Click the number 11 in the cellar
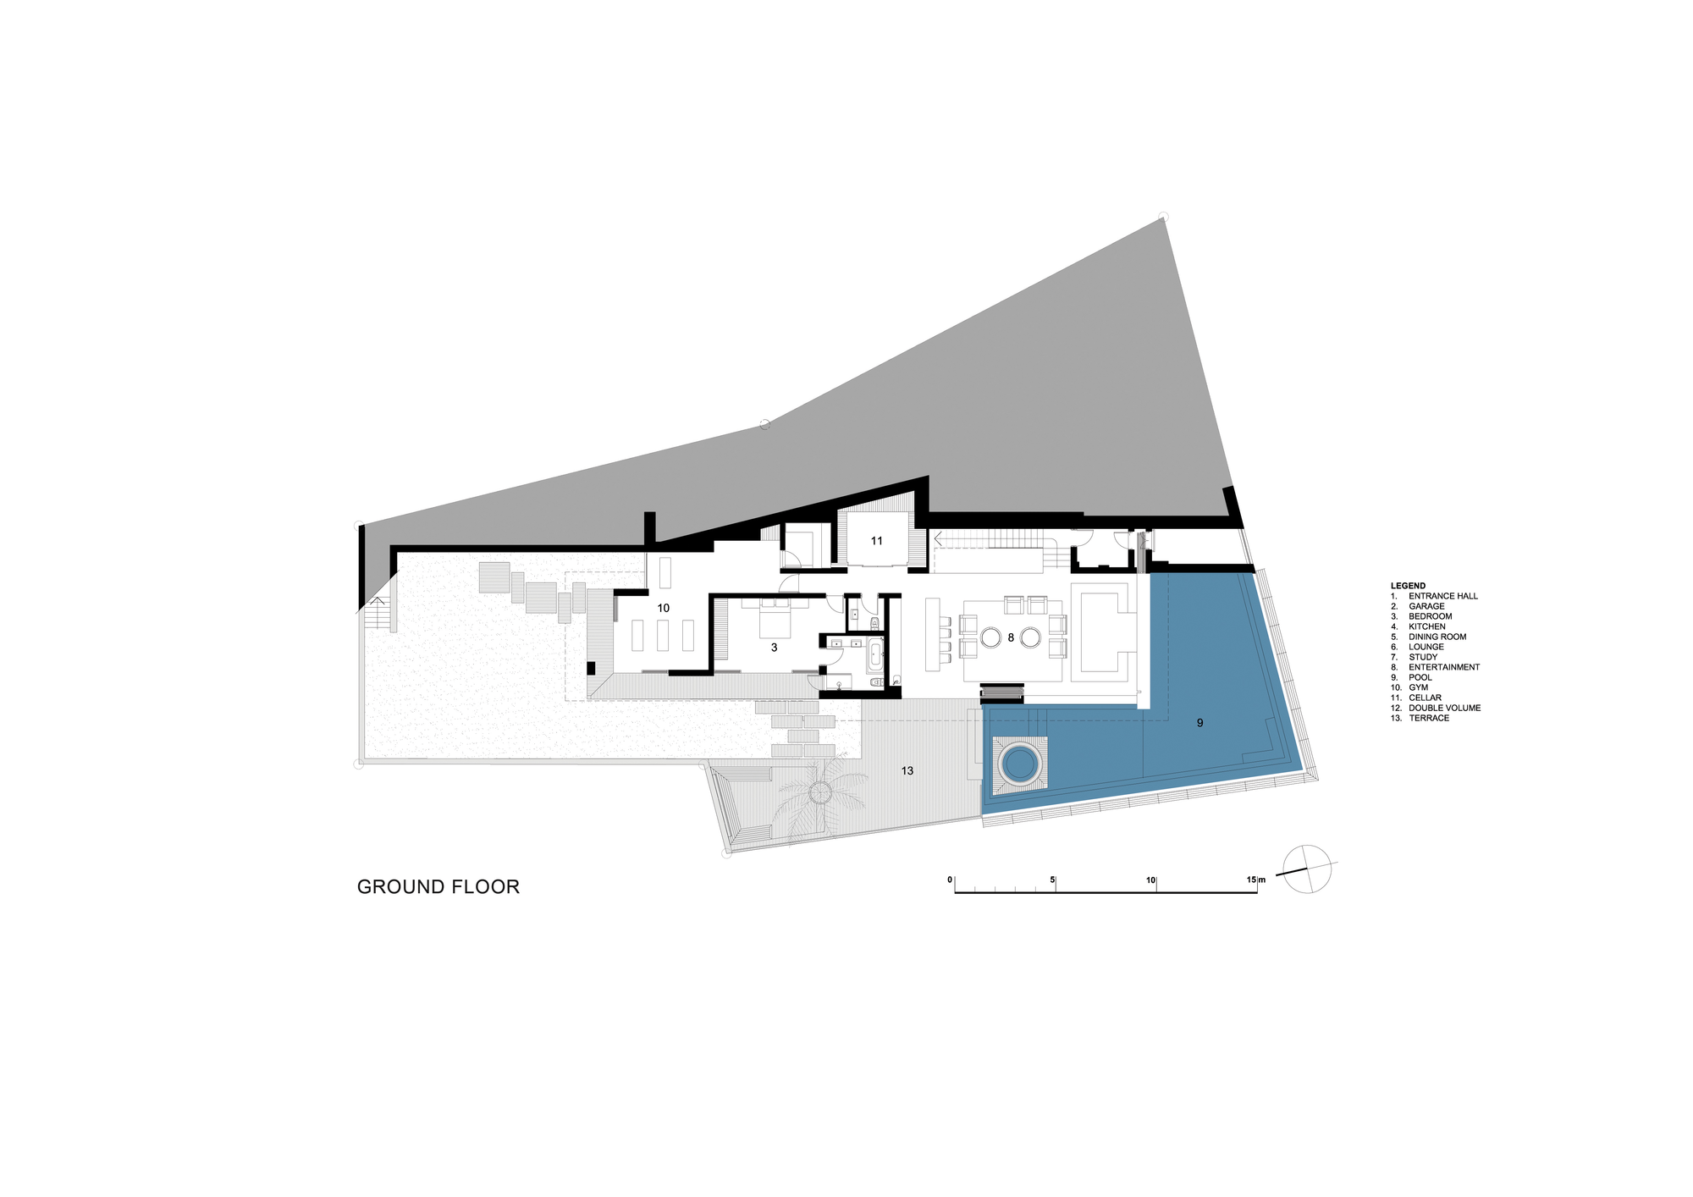coord(877,541)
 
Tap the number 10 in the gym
coord(664,608)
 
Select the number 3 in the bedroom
coord(774,648)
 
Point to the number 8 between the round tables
coord(1011,637)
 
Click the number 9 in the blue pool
coord(1199,723)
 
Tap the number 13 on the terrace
coord(907,771)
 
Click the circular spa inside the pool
coord(1019,764)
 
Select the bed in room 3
coord(775,619)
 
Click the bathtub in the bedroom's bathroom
coord(874,657)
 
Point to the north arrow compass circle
coord(1307,869)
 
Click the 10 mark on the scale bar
coord(1151,880)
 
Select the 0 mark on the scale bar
coord(950,880)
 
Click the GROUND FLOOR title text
coord(438,887)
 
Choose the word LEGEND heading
coord(1408,586)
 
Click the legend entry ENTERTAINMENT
coord(1444,667)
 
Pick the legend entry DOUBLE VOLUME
coord(1445,708)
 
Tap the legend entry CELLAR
coord(1425,698)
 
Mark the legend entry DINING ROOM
coord(1437,637)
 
